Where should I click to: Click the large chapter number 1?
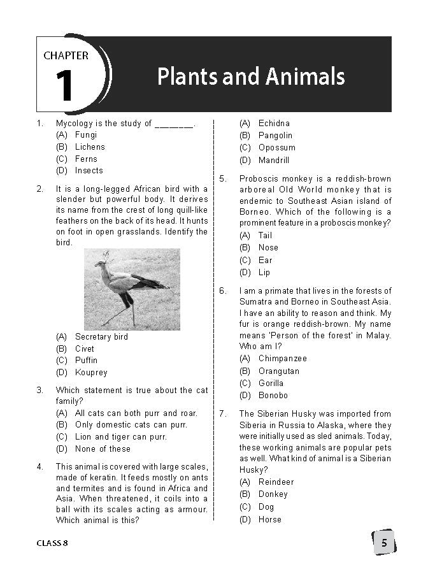64,87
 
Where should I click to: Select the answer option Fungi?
86,135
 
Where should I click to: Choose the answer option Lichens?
90,147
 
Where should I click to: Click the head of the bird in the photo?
101,262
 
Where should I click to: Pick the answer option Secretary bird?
101,337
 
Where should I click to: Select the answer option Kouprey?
91,372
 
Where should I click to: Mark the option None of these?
103,448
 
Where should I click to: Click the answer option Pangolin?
275,135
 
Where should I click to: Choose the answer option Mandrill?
274,161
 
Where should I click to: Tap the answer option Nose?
268,247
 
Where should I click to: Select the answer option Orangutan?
278,371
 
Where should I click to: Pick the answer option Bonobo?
273,396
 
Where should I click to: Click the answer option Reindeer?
276,482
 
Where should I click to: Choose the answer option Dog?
266,507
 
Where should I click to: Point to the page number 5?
384,543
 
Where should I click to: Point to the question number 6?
223,290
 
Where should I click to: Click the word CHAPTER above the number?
66,55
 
